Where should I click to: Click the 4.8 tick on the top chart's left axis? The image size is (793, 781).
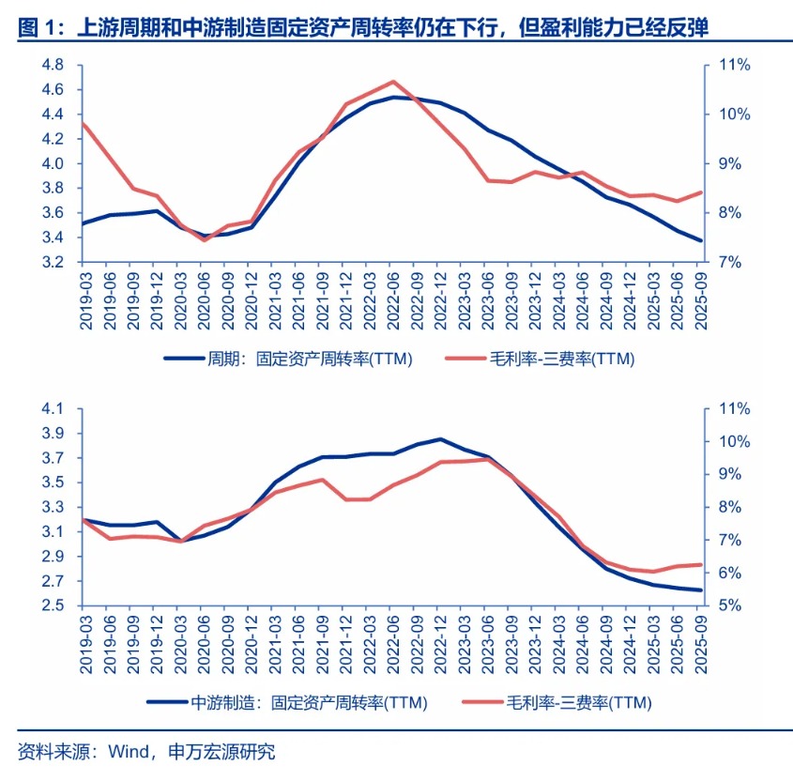click(53, 65)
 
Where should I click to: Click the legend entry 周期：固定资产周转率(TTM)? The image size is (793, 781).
click(288, 359)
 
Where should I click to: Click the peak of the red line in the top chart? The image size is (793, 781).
click(392, 82)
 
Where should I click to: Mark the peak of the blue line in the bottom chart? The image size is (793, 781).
click(440, 438)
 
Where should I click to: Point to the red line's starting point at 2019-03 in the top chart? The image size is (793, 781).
click(83, 123)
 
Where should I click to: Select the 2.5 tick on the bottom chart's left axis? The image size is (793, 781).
click(53, 605)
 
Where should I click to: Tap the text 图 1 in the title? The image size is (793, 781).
click(36, 29)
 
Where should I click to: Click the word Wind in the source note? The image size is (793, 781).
click(129, 751)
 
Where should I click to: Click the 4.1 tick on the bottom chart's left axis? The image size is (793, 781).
click(53, 409)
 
